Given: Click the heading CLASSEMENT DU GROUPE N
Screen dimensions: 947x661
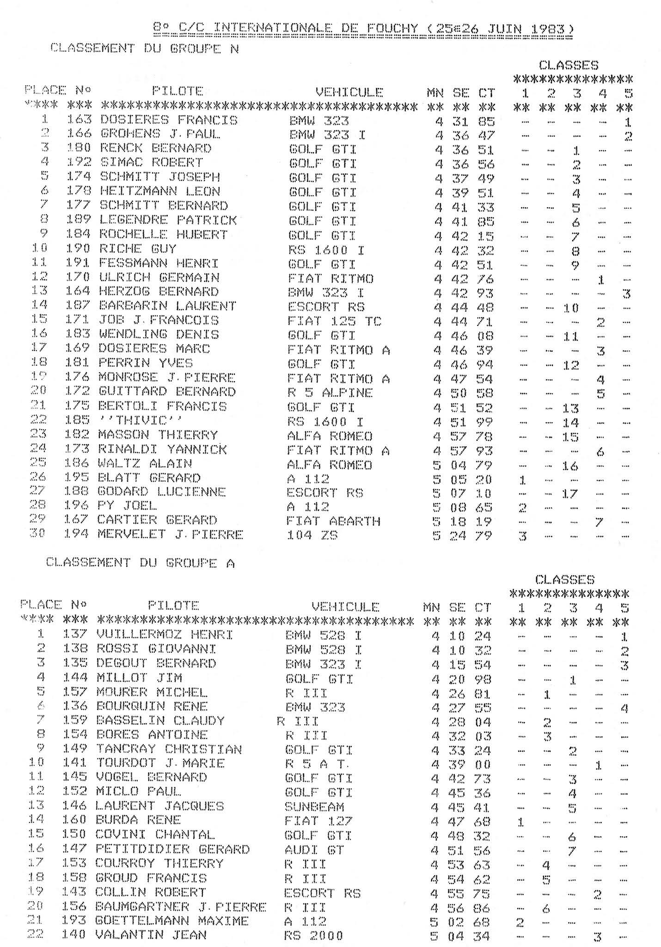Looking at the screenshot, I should tap(144, 48).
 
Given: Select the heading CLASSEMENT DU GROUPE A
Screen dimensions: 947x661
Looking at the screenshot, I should tap(141, 562).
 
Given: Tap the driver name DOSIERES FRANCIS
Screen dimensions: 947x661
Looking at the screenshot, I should tap(168, 120).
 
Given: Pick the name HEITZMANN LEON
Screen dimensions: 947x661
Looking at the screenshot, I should tap(159, 191).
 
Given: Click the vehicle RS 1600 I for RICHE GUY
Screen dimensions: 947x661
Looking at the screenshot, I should tap(326, 250).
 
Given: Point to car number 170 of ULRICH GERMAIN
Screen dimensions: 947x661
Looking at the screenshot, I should tap(78, 278).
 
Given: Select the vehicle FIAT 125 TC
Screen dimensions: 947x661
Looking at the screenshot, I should tap(334, 320).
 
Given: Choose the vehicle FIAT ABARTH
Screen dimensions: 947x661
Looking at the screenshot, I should tap(333, 521).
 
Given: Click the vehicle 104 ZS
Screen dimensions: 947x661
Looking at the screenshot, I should tap(312, 535).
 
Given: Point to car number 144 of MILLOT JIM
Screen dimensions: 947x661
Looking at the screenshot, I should tap(74, 678).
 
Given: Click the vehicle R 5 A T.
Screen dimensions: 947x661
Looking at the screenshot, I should tap(318, 763).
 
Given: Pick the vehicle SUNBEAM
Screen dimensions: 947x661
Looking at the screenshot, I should tap(314, 806).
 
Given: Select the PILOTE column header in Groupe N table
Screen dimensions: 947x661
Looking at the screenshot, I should tap(177, 91).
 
